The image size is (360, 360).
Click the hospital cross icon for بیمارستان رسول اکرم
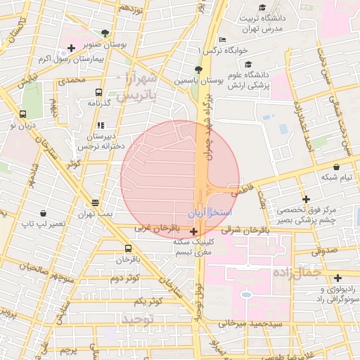click(70, 48)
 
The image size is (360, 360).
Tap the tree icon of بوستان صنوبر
click(105, 32)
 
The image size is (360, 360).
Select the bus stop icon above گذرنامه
click(98, 92)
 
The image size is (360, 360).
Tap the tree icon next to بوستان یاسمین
click(198, 70)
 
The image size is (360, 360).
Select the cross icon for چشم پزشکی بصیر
click(306, 199)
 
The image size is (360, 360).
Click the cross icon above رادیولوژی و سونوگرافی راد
click(338, 278)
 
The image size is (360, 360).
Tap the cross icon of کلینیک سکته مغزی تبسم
click(194, 231)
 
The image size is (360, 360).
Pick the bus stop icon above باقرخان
click(127, 248)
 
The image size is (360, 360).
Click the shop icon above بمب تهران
click(96, 202)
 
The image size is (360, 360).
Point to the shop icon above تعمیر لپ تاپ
click(44, 213)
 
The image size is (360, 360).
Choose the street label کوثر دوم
click(124, 278)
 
